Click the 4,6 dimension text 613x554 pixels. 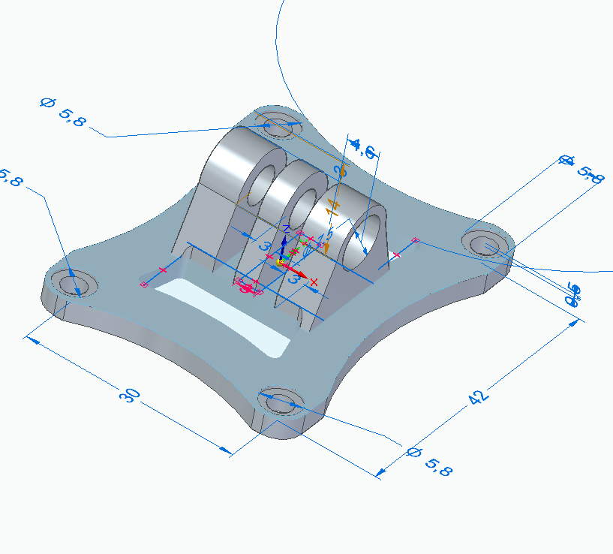point(363,148)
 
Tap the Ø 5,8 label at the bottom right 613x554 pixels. point(429,461)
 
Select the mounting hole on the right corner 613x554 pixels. point(487,245)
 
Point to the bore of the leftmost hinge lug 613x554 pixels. point(260,182)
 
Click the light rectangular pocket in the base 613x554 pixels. point(225,315)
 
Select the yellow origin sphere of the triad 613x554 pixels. point(281,262)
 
